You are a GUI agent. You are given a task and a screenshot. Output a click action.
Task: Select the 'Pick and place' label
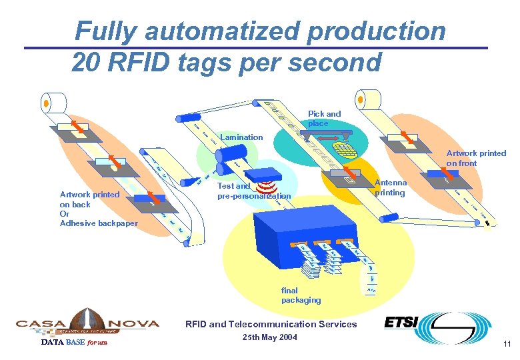coord(324,119)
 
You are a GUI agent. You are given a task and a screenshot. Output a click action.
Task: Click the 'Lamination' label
coord(241,137)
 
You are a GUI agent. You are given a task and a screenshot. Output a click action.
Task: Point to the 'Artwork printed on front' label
coord(476,158)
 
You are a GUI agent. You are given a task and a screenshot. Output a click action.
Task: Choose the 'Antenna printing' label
coord(391,188)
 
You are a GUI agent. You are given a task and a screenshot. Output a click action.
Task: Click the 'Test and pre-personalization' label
coord(254,191)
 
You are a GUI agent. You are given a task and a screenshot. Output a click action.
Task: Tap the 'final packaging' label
coord(301,295)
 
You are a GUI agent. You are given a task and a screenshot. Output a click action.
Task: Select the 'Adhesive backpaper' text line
coord(99,223)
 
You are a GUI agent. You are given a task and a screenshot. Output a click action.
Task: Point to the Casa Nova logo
coord(87,323)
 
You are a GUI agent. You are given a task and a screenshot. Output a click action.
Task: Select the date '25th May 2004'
coord(271,337)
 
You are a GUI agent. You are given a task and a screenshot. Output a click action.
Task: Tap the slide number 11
coord(507,344)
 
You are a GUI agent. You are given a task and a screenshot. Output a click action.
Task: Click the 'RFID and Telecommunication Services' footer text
coord(271,325)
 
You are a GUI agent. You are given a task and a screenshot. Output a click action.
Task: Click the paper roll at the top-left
coord(54,103)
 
